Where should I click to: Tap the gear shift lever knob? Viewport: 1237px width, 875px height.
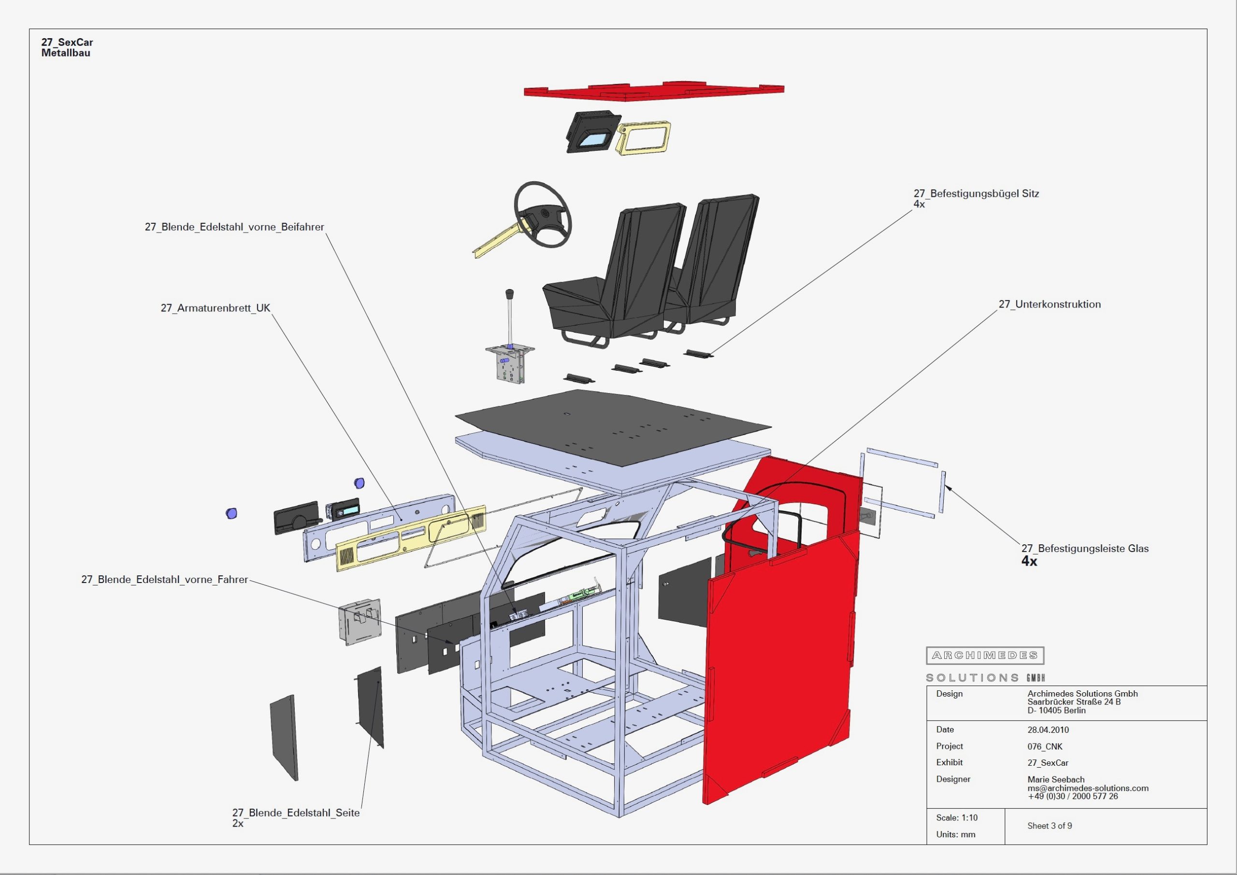509,294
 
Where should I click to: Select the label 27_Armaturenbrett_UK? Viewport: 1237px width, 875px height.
216,308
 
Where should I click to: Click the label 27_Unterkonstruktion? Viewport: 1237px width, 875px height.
1050,304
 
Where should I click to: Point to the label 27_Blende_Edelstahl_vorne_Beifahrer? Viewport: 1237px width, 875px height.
234,227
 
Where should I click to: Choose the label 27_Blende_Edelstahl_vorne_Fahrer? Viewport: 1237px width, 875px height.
164,580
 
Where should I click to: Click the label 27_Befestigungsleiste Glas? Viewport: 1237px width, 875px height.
1084,548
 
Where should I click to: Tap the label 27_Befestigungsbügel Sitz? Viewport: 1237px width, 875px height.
976,193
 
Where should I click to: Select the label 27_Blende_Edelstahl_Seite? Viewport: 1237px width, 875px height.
296,813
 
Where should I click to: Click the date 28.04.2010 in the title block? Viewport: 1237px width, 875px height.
1048,730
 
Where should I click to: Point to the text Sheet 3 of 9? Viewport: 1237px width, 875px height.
1050,826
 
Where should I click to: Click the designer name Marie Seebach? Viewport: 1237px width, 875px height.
1055,779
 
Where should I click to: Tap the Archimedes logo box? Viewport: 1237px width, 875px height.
985,656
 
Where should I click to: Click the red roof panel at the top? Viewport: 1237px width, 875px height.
653,92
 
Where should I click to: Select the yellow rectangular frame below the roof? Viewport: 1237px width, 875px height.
643,137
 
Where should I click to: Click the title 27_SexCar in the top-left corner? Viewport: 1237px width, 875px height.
67,42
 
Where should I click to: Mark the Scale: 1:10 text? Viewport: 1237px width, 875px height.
957,818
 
